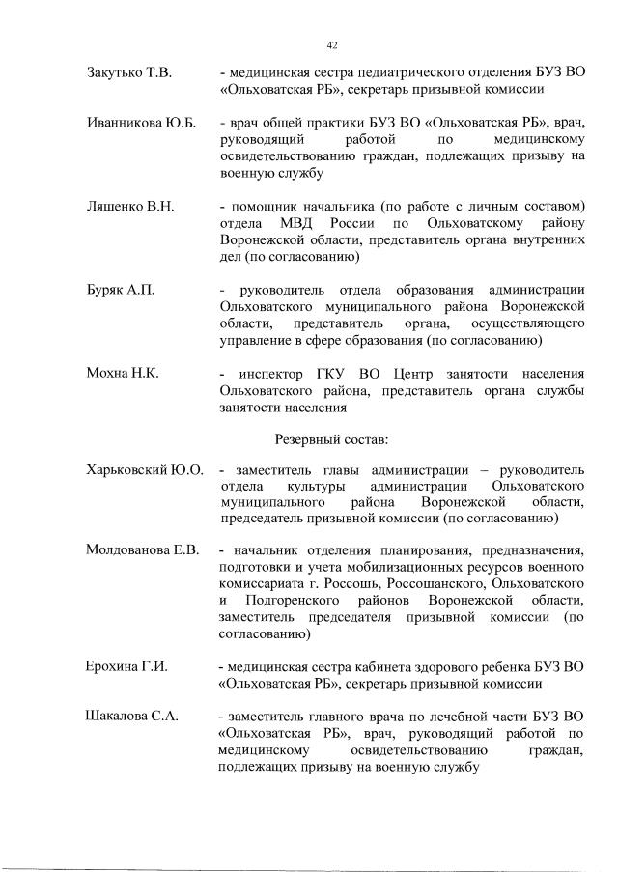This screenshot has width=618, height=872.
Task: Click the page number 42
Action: coord(332,44)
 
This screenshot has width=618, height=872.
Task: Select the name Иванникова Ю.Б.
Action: coord(141,124)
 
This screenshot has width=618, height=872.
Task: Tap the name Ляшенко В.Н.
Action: coord(131,207)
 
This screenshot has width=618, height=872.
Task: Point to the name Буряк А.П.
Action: coord(122,290)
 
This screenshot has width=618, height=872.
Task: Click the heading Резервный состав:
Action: coord(331,439)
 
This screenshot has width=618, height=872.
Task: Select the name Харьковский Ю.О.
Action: coord(145,470)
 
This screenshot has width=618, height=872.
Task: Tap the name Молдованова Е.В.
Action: coord(142,550)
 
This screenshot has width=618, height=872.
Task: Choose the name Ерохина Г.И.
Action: coord(126,666)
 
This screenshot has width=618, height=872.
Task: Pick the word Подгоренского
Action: coord(295,602)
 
